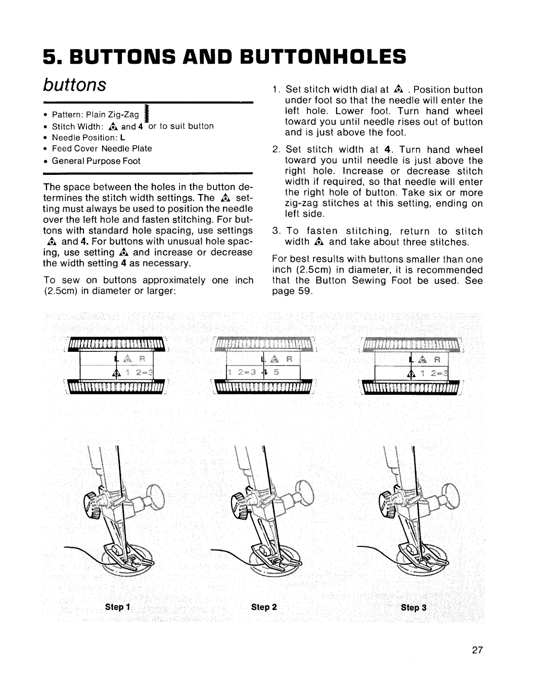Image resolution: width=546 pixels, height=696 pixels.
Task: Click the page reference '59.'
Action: click(x=306, y=292)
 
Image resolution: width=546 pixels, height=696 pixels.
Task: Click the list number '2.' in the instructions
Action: click(x=276, y=150)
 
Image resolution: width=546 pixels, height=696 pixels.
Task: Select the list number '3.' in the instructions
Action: click(x=276, y=231)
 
